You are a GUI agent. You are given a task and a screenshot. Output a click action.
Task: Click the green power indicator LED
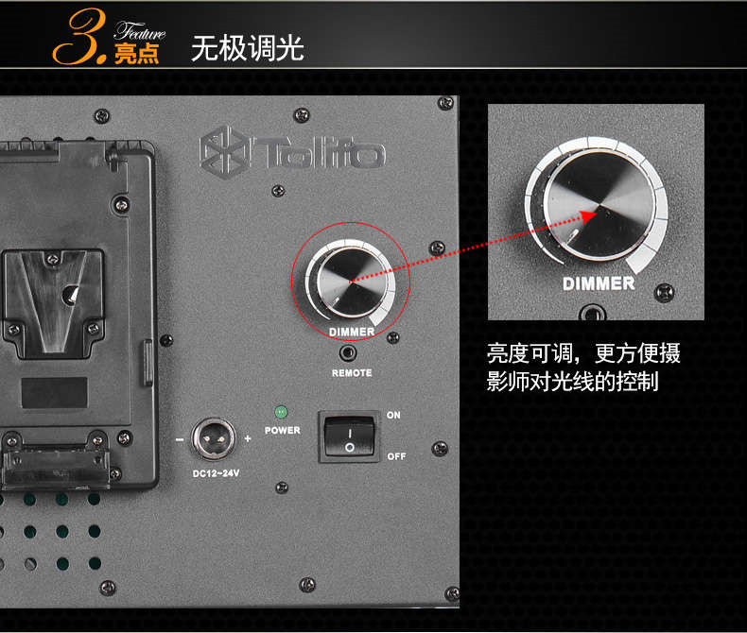coord(281,412)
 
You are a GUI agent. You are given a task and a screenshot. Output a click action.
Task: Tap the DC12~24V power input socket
coord(214,438)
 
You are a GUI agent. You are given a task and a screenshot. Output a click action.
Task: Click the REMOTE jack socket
coord(348,353)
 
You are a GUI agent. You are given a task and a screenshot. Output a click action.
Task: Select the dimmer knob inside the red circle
coord(352,282)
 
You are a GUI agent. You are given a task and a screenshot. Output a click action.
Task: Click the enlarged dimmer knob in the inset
coord(599,206)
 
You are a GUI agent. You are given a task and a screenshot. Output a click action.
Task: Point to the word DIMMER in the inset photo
coord(599,283)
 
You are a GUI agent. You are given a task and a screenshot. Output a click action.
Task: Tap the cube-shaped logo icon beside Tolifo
coord(223,152)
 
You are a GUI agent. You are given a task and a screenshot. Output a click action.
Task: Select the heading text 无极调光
coord(247,48)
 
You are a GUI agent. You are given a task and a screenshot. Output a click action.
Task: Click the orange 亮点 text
coord(136,53)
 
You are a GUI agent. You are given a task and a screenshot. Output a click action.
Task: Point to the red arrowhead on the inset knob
coord(590,217)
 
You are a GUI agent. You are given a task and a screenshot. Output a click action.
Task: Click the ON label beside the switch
coord(393,415)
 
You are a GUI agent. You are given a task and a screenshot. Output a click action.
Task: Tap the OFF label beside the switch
coord(396,456)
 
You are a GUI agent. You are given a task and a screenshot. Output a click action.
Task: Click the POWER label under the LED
coord(283,430)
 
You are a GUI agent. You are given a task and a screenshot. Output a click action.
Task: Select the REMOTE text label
coord(352,373)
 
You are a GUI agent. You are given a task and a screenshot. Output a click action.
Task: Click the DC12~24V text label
coord(216,473)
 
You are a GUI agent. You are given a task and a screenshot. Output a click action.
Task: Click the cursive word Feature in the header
coord(140,31)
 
